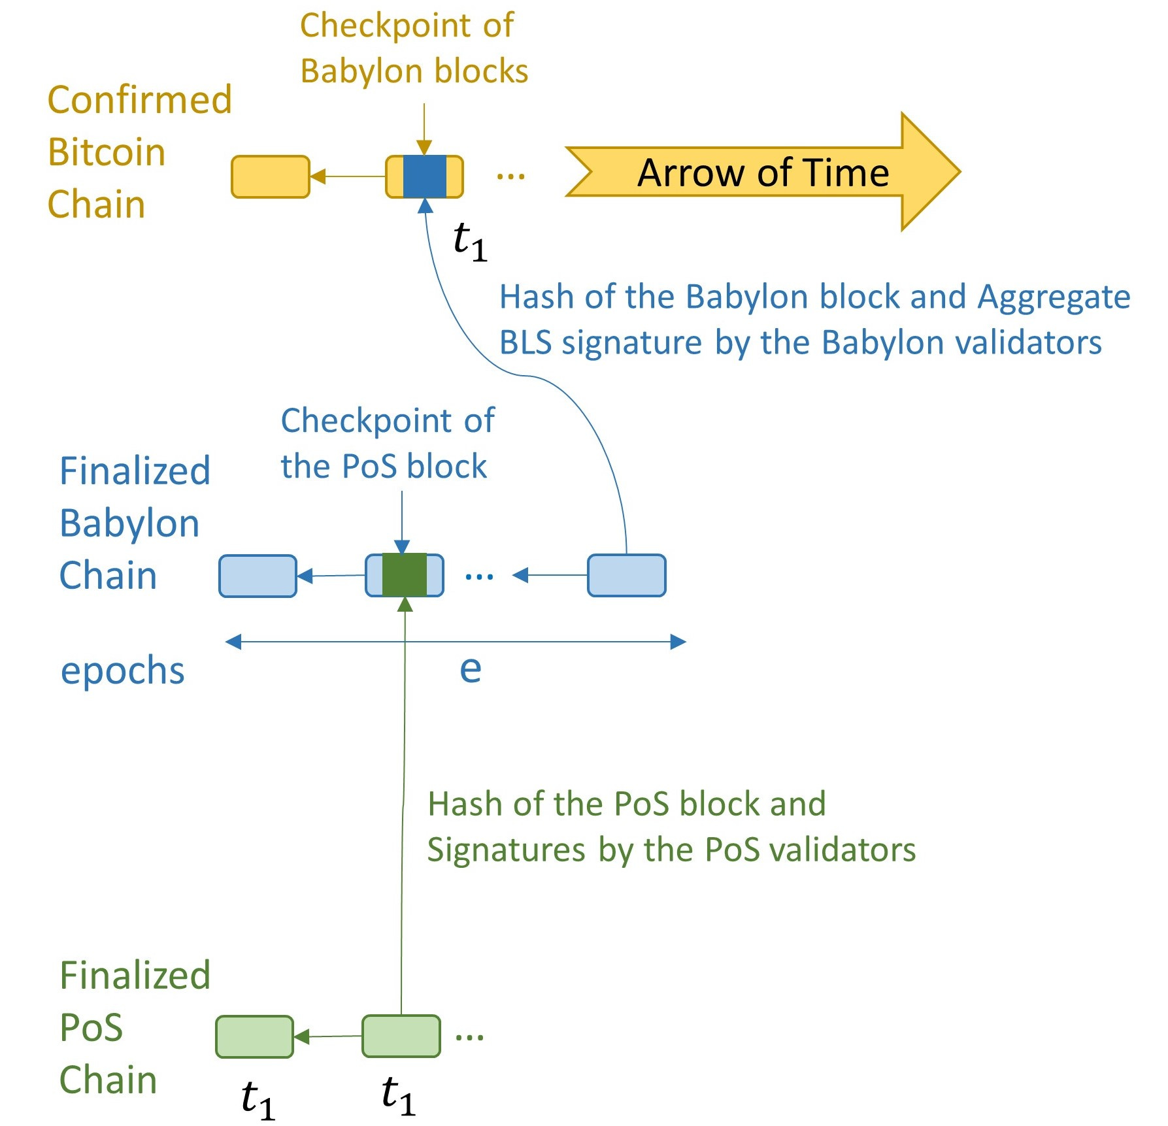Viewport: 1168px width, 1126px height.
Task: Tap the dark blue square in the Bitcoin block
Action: [425, 176]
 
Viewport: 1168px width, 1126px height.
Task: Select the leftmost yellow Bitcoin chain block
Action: [271, 176]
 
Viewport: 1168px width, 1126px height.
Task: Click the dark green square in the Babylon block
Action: [405, 575]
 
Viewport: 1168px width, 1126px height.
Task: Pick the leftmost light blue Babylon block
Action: [258, 576]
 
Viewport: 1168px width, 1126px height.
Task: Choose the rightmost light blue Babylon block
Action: [626, 576]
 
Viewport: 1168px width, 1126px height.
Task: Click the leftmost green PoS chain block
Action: [254, 1036]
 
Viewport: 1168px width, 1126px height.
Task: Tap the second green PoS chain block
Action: [401, 1036]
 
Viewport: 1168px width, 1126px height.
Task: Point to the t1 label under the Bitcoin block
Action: [470, 240]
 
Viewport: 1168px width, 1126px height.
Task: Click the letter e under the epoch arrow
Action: [471, 669]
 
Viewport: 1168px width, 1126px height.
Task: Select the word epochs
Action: [123, 672]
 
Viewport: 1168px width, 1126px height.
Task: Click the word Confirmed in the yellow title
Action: [140, 100]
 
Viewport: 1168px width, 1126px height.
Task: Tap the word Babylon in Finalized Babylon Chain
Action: [129, 524]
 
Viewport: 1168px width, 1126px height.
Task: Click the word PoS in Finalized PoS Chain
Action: [91, 1028]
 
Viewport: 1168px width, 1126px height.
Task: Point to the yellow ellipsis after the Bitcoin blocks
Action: [510, 176]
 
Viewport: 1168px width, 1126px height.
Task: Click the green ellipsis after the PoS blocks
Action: [469, 1036]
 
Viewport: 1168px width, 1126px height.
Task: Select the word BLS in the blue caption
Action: [525, 342]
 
